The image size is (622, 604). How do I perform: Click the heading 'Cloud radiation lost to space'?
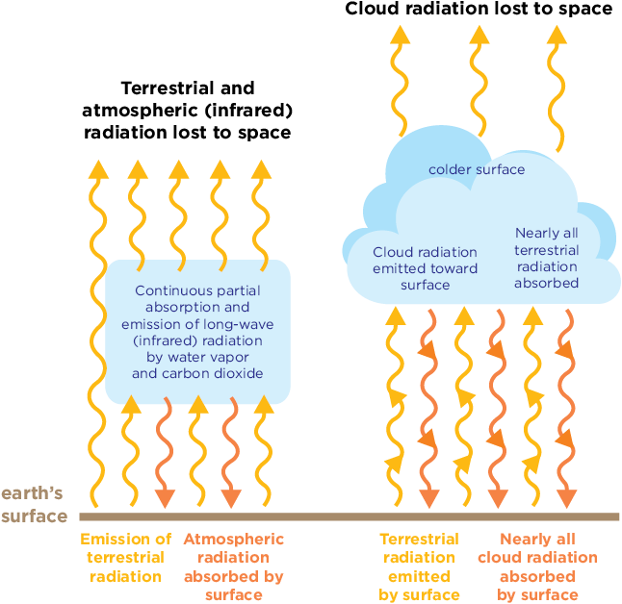click(x=478, y=10)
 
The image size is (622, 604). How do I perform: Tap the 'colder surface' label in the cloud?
click(x=477, y=170)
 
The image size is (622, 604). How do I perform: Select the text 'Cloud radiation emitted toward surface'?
click(x=425, y=268)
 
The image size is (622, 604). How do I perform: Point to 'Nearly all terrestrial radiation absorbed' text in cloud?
click(x=547, y=258)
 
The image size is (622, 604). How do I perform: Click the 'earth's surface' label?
click(x=33, y=505)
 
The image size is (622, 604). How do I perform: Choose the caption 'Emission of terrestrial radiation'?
click(x=125, y=558)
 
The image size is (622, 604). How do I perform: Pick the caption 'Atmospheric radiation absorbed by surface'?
click(x=233, y=566)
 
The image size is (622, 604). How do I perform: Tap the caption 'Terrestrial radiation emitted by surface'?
click(x=419, y=566)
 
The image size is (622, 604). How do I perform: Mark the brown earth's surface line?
click(x=347, y=516)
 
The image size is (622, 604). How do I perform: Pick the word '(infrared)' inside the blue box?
click(x=165, y=340)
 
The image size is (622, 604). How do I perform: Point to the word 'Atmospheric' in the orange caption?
click(x=233, y=540)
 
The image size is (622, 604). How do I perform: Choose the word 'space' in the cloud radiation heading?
click(x=586, y=10)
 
